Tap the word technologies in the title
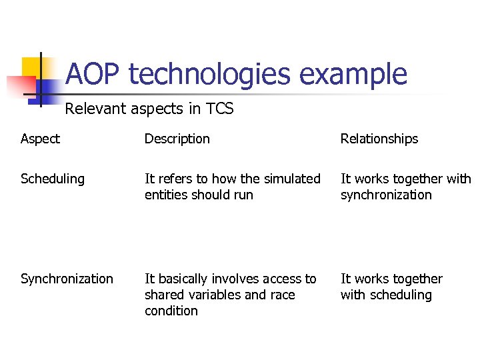tap(210, 74)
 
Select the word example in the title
tap(353, 74)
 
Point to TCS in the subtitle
tap(220, 109)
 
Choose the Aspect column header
tap(40, 139)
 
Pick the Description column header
tap(177, 139)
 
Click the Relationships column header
tap(379, 139)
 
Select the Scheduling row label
tap(53, 179)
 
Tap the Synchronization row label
tap(67, 279)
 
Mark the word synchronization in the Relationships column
tap(386, 195)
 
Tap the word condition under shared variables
tap(171, 311)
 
